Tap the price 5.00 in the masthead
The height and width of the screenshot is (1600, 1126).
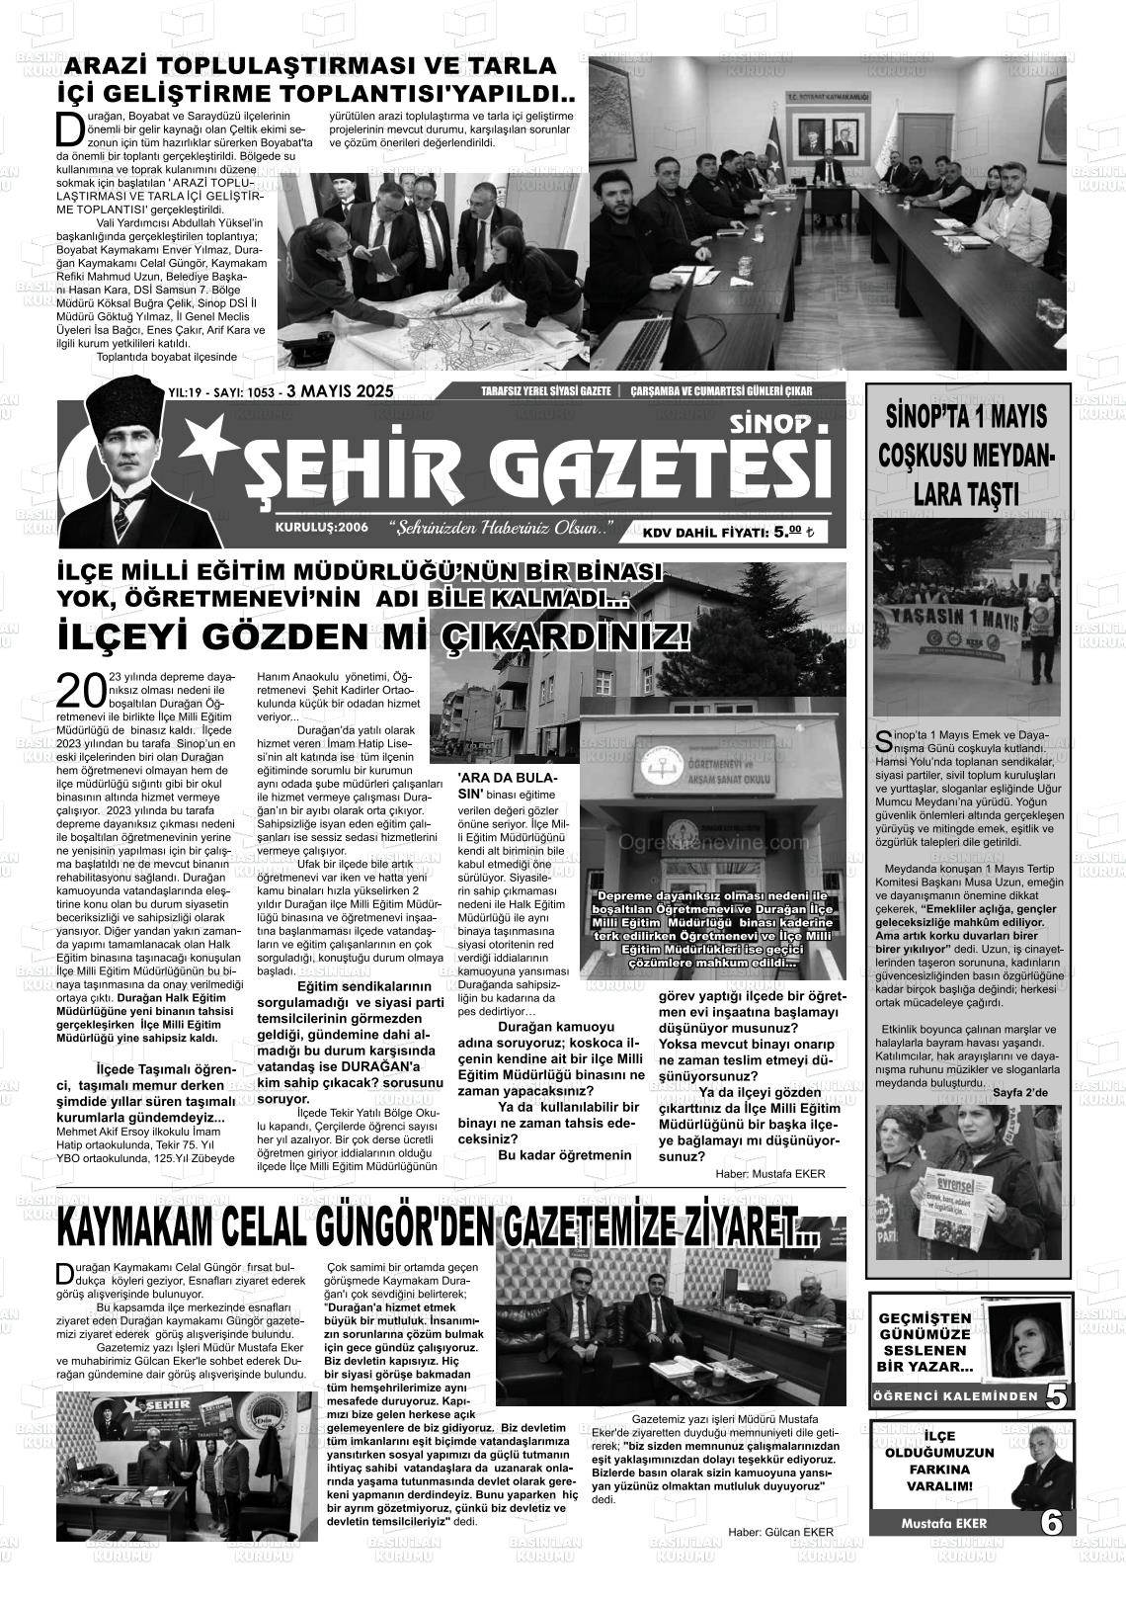point(787,532)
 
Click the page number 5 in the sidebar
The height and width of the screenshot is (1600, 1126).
point(1056,1396)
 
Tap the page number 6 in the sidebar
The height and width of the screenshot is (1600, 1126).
point(1053,1523)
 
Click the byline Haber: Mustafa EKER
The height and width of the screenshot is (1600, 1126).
point(769,1173)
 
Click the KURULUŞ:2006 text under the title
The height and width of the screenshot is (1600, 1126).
point(322,528)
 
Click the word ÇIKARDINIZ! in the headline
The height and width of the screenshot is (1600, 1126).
point(551,635)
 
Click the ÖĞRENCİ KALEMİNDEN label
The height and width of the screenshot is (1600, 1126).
point(955,1396)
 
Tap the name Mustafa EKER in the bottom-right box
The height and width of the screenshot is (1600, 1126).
point(943,1523)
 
